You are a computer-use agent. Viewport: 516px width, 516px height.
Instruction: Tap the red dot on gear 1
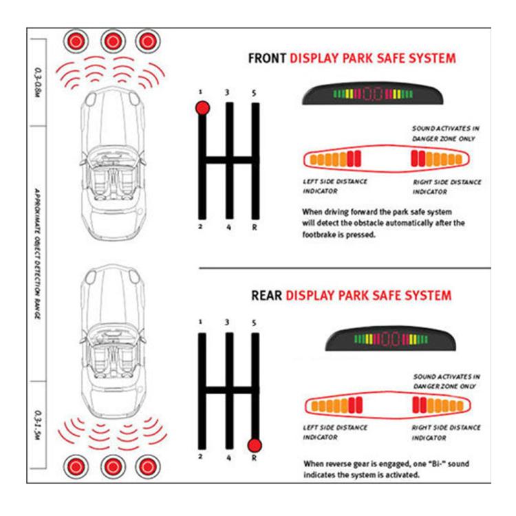(202, 108)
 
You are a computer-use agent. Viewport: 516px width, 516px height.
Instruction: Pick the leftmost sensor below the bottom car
(74, 468)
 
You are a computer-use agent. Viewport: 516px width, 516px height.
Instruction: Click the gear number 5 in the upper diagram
(255, 93)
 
